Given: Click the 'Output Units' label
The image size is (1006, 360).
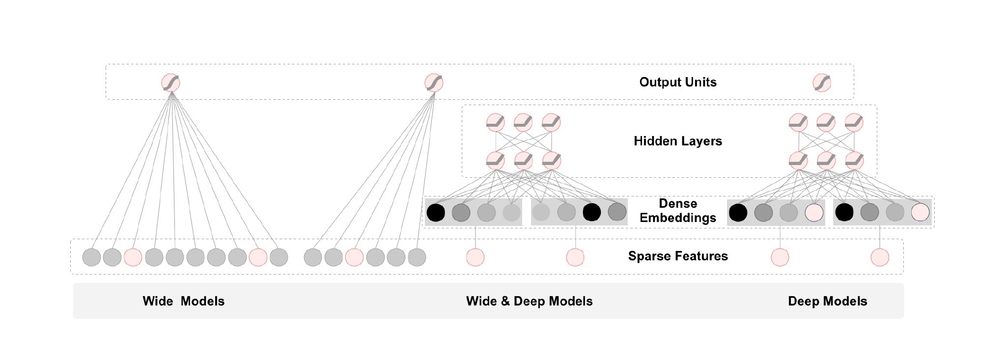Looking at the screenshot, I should (677, 82).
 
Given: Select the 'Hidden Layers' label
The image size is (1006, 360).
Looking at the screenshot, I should (677, 141).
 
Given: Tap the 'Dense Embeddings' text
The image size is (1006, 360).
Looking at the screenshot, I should (677, 211).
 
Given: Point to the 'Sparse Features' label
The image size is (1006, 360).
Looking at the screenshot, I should (677, 256).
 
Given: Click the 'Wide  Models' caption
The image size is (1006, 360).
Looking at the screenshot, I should (183, 301).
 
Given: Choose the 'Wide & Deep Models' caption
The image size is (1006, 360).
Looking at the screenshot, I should (529, 301).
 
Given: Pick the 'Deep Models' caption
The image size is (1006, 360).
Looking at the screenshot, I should (827, 301).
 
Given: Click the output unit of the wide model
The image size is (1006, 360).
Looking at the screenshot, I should (171, 83).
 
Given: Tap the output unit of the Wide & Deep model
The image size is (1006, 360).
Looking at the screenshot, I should (434, 83).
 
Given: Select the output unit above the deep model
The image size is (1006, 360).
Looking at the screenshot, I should (822, 83).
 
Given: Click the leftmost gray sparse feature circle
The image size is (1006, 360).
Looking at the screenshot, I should (91, 257).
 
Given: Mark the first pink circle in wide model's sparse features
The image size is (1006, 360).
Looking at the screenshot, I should (133, 257).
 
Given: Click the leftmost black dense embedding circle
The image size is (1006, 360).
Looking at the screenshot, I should (436, 212).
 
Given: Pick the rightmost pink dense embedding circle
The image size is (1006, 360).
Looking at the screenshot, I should (920, 212).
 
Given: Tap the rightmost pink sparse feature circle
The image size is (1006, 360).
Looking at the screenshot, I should (880, 257).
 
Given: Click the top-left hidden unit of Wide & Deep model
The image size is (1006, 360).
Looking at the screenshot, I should (496, 122).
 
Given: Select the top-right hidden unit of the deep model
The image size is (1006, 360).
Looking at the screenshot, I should (854, 122).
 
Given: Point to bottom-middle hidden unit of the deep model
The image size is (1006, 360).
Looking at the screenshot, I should (826, 161).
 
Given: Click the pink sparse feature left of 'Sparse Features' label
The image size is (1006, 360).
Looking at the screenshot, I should (575, 257).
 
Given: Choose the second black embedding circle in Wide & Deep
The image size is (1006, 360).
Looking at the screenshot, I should (591, 212).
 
